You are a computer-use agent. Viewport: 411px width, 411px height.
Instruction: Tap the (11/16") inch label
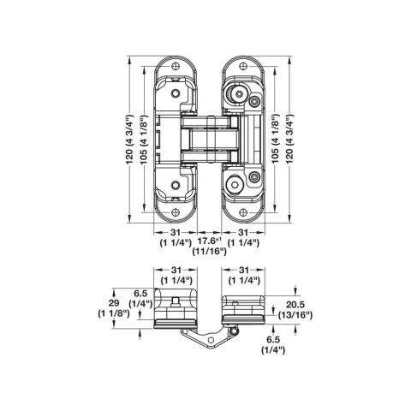[x=209, y=252]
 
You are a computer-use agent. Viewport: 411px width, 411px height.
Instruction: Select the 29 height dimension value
[x=114, y=303]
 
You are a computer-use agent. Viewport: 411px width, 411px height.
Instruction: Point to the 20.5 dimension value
[x=295, y=305]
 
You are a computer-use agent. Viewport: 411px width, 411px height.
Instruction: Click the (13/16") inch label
[x=295, y=315]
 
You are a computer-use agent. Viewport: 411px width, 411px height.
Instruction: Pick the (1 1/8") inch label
[x=114, y=313]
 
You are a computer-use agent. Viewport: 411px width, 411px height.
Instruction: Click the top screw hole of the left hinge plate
[x=176, y=67]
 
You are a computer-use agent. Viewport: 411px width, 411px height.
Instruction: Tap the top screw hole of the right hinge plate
[x=242, y=67]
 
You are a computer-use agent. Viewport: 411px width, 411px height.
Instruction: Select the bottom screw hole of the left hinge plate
[x=176, y=212]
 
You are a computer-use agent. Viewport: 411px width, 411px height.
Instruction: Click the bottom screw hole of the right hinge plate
[x=242, y=212]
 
